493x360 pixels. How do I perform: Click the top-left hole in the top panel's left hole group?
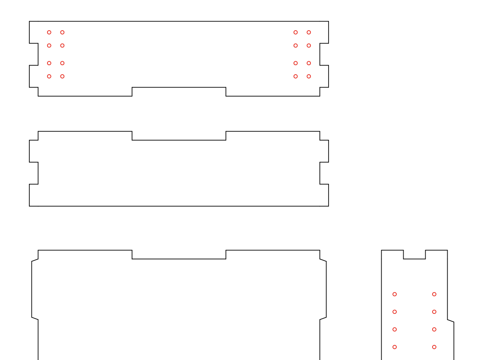(x=49, y=32)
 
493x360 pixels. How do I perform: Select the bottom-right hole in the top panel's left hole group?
(x=62, y=76)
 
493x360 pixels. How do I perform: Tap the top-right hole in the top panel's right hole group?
(x=309, y=32)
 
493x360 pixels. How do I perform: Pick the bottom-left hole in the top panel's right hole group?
(x=296, y=76)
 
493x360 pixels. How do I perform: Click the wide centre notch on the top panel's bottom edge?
(x=179, y=91)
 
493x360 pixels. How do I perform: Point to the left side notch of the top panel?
(x=34, y=54)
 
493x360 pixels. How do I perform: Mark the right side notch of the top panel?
(x=324, y=54)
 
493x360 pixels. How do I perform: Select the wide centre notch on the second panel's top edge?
(x=179, y=136)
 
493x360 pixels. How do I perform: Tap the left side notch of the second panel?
(x=34, y=173)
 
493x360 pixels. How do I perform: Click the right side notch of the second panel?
(x=324, y=173)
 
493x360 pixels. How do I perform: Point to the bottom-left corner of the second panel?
(x=29, y=206)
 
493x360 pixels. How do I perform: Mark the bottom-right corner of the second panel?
(x=329, y=206)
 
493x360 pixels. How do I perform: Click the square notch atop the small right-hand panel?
(x=414, y=255)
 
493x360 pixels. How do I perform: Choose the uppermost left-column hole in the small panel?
(x=395, y=294)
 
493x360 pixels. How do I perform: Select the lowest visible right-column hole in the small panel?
(x=434, y=347)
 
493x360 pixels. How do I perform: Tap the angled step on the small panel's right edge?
(x=451, y=321)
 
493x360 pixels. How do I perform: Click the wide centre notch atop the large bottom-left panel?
(x=179, y=255)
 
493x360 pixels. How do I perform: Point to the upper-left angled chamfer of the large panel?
(x=35, y=260)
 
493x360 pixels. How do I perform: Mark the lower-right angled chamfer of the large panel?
(x=323, y=319)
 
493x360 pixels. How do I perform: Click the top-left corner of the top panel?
(x=29, y=21)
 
